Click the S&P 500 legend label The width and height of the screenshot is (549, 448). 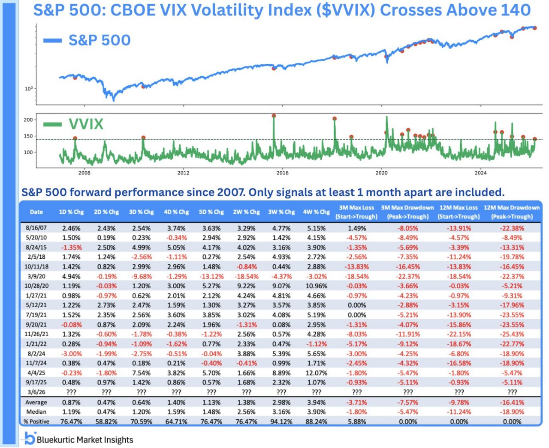(99, 40)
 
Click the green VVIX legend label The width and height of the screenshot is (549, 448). (86, 124)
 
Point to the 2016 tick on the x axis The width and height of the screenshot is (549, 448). (282, 173)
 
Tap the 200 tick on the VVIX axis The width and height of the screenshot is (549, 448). (28, 120)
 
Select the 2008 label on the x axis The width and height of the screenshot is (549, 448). (84, 173)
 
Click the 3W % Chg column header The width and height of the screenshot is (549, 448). (281, 212)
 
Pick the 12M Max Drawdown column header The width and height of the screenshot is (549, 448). (512, 212)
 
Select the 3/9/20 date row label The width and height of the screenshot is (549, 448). (36, 276)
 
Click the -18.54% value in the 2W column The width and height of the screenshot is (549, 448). (246, 276)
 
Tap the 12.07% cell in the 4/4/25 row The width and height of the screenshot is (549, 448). (317, 373)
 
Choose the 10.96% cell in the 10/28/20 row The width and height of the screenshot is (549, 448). (317, 286)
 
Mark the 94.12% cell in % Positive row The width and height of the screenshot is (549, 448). (281, 421)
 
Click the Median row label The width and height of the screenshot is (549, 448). (36, 412)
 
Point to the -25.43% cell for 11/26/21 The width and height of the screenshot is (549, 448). (512, 334)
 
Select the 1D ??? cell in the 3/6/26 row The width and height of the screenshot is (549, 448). (71, 392)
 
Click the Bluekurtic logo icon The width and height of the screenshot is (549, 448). (29, 439)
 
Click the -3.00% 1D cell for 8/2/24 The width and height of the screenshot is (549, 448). (71, 354)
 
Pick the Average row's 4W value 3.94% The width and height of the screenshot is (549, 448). (317, 402)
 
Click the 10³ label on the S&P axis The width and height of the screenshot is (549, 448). (28, 89)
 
